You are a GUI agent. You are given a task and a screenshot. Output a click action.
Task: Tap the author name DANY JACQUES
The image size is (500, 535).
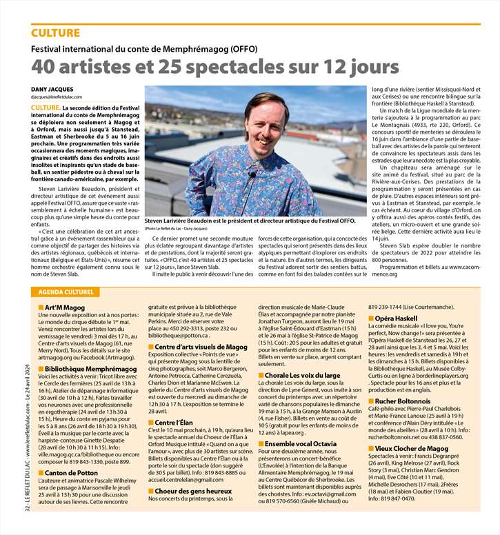(x=52, y=90)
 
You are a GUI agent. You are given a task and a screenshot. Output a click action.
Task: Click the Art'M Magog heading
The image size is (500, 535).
(x=64, y=287)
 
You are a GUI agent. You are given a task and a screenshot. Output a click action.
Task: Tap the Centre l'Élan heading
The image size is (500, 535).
(x=177, y=422)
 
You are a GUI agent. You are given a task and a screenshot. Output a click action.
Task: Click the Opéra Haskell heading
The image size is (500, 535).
(x=395, y=319)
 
